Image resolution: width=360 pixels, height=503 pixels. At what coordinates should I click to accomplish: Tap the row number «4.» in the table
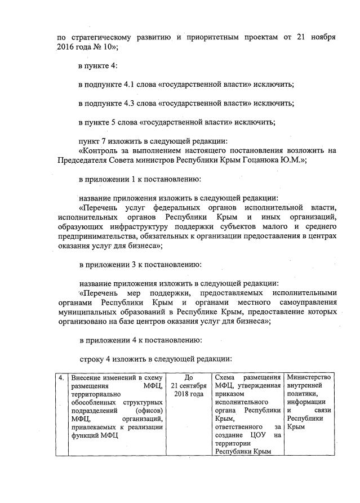coord(61,377)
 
